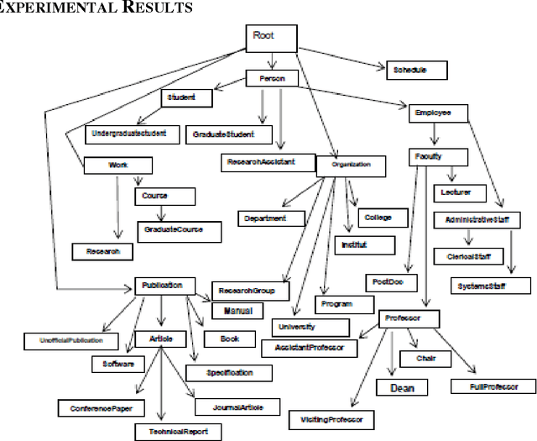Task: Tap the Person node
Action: tap(271, 78)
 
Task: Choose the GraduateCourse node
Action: tap(171, 229)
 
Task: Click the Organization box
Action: tap(351, 165)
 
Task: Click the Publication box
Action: tap(164, 286)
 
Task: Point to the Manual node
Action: tap(237, 310)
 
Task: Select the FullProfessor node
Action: tap(493, 386)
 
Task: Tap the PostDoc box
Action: tap(392, 282)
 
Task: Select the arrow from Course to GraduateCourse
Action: tap(161, 213)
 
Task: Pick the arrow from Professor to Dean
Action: tap(392, 353)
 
